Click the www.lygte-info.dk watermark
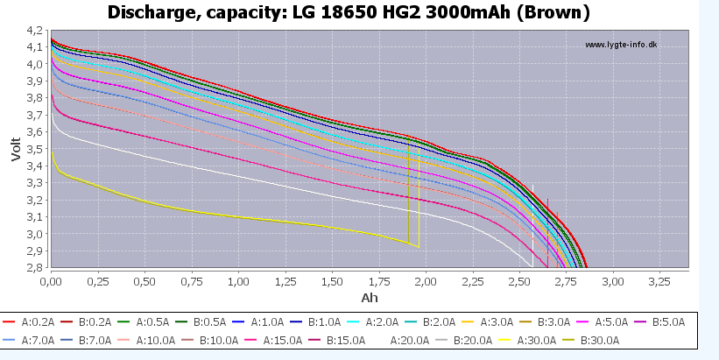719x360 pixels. pyautogui.click(x=620, y=45)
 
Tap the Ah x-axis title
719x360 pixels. pyautogui.click(x=370, y=299)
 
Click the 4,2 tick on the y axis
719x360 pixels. pyautogui.click(x=35, y=30)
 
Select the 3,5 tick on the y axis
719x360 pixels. pyautogui.click(x=35, y=149)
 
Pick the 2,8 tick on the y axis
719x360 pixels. pyautogui.click(x=35, y=268)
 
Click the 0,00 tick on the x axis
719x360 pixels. pyautogui.click(x=52, y=282)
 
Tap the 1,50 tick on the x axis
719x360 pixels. pyautogui.click(x=332, y=282)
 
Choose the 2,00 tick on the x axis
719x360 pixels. pyautogui.click(x=426, y=282)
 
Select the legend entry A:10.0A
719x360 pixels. pyautogui.click(x=159, y=341)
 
